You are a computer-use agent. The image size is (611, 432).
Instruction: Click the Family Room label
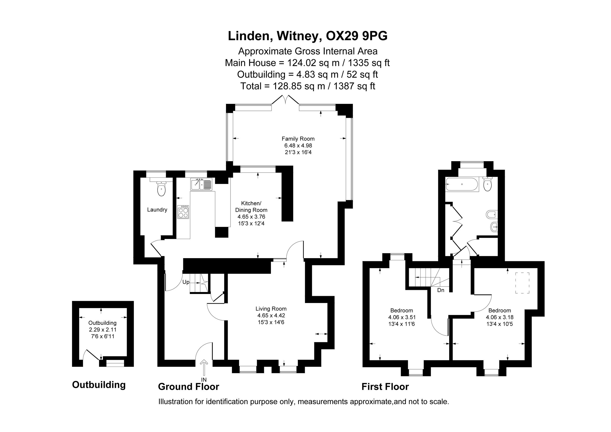(x=298, y=139)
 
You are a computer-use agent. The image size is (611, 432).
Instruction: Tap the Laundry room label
(x=157, y=210)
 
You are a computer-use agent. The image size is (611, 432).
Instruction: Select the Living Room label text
(x=271, y=309)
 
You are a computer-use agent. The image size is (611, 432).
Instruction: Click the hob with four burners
(x=183, y=212)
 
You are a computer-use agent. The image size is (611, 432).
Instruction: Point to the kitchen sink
(x=201, y=184)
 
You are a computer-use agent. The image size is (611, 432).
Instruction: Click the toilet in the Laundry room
(x=161, y=188)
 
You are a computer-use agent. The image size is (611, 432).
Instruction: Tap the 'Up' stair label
(x=186, y=282)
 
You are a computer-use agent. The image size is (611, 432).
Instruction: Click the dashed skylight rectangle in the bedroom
(x=522, y=283)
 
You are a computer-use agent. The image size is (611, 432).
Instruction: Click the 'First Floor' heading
(x=385, y=387)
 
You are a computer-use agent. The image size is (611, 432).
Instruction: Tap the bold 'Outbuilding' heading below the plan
(x=99, y=385)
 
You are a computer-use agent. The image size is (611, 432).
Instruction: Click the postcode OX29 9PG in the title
(x=357, y=36)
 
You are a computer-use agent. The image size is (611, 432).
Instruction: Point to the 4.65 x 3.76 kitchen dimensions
(x=252, y=217)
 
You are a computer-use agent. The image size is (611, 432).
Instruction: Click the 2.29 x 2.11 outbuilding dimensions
(x=103, y=330)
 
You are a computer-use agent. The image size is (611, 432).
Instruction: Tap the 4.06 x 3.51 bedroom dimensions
(x=402, y=317)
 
